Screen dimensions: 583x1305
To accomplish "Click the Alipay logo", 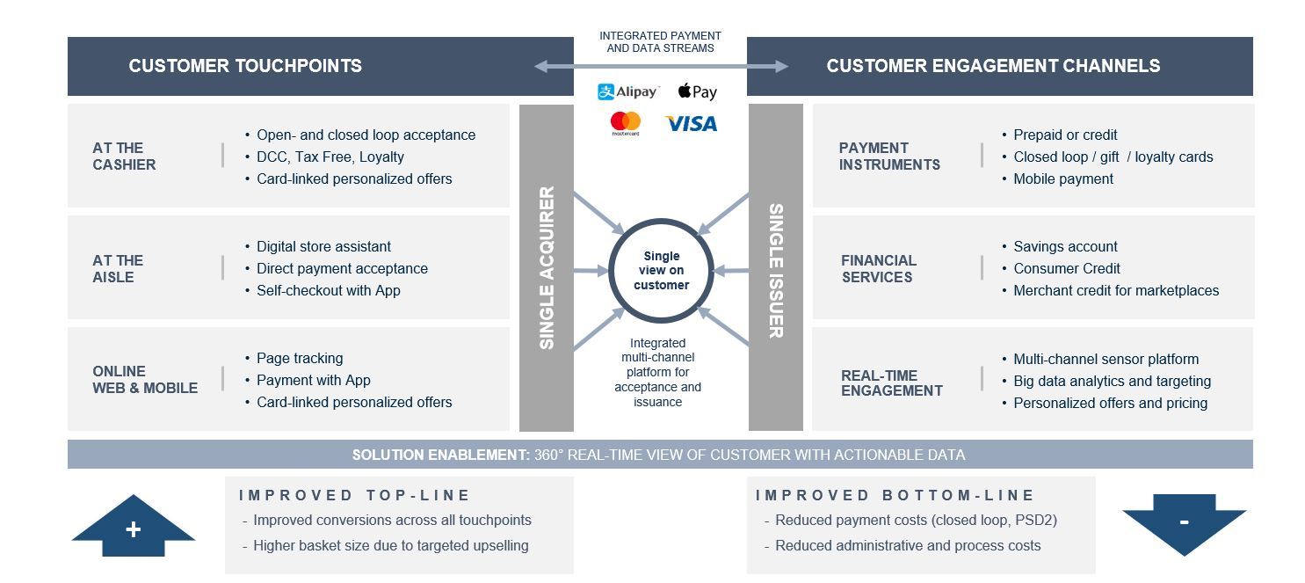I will pyautogui.click(x=627, y=91).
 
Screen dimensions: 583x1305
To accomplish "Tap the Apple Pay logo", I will pyautogui.click(x=698, y=91).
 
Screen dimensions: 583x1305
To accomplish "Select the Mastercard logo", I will pyautogui.click(x=626, y=123).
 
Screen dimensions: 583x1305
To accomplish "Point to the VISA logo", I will pyautogui.click(x=691, y=124).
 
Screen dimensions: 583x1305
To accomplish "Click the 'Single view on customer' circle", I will pyautogui.click(x=661, y=271).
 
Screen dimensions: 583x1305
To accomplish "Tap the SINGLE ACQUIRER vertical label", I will pyautogui.click(x=547, y=267).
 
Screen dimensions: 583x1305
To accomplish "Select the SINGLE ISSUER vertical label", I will pyautogui.click(x=776, y=271).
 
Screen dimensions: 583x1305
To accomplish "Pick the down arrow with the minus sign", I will pyautogui.click(x=1184, y=523).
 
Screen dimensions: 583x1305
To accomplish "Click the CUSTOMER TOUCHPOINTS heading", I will pyautogui.click(x=245, y=66).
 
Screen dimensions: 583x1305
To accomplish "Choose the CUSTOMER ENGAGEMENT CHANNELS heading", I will pyautogui.click(x=993, y=66).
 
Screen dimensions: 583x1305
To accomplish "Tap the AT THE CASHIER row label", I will pyautogui.click(x=124, y=157).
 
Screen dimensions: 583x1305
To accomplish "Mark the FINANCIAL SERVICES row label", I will pyautogui.click(x=879, y=269).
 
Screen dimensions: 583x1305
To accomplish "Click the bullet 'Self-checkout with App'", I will pyautogui.click(x=328, y=291).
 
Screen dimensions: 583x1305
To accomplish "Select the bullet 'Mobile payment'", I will pyautogui.click(x=1063, y=179).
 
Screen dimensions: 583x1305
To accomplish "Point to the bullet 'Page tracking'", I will pyautogui.click(x=300, y=359).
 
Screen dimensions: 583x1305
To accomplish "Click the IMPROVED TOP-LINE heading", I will pyautogui.click(x=355, y=496).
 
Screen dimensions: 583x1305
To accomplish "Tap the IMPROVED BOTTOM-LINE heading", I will pyautogui.click(x=895, y=496).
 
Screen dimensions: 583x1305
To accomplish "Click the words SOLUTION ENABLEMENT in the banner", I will pyautogui.click(x=440, y=455).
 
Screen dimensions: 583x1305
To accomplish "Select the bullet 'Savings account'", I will pyautogui.click(x=1065, y=247).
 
